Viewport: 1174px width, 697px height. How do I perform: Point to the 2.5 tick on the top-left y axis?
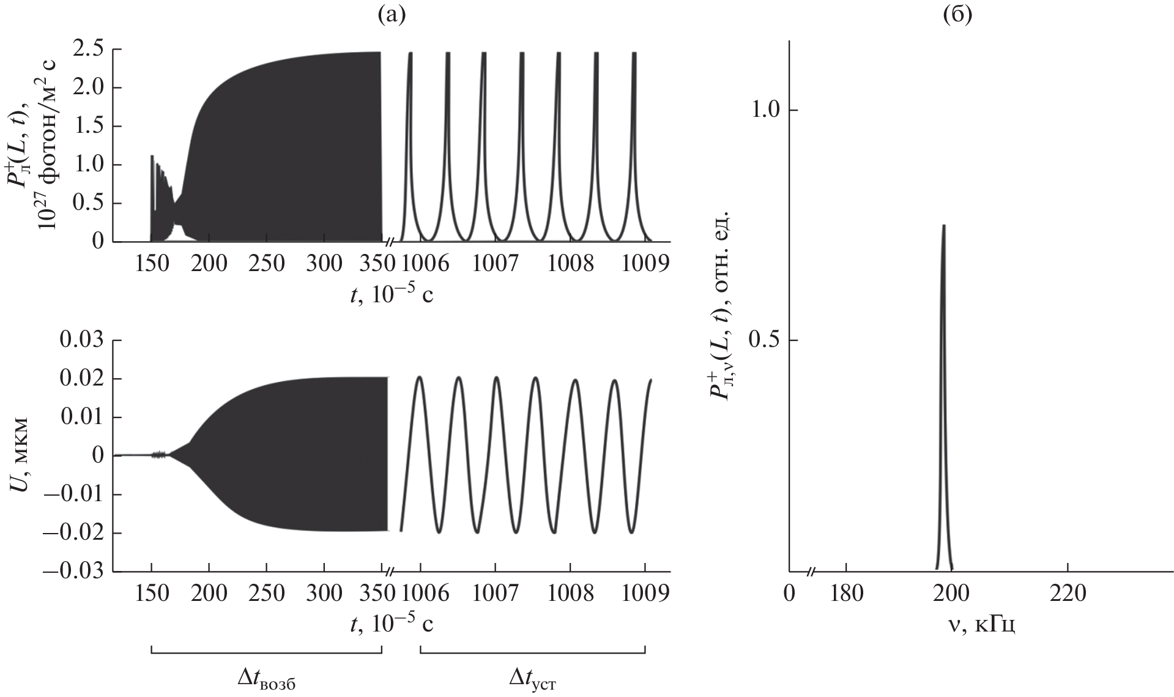89,49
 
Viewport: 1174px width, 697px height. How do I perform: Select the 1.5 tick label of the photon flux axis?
89,126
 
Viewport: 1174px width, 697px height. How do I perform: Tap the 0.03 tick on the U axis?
82,340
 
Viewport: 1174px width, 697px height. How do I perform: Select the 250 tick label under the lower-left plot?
266,594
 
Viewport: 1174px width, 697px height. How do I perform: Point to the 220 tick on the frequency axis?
1068,594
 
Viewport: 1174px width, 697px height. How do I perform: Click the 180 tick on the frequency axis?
845,594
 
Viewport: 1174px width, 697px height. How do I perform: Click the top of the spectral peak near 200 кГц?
944,226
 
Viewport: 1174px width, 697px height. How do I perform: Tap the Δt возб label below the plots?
270,680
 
